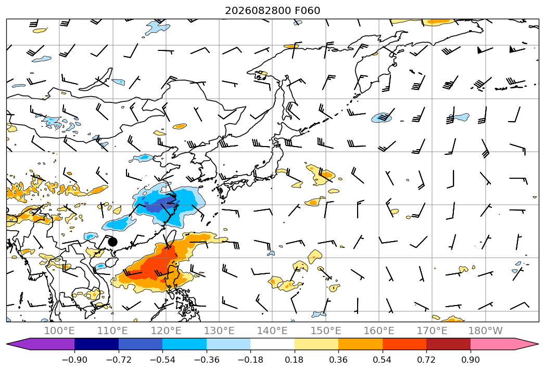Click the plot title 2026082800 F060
[x=273, y=10]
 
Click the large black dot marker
[x=112, y=242]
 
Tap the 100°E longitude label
[x=59, y=331]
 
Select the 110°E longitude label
[x=112, y=331]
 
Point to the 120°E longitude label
[x=166, y=331]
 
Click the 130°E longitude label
[x=219, y=331]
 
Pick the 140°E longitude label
[x=273, y=331]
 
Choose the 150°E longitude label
[x=326, y=331]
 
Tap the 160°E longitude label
[x=379, y=331]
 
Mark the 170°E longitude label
[x=432, y=331]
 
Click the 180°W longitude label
[x=486, y=331]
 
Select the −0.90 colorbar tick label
[x=74, y=360]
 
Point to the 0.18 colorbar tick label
[x=295, y=360]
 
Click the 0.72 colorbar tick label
[x=426, y=360]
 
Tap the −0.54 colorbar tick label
[x=162, y=360]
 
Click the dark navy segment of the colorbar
[x=97, y=344]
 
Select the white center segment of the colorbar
[x=273, y=344]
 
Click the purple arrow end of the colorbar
[x=42, y=344]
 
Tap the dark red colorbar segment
[x=448, y=344]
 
